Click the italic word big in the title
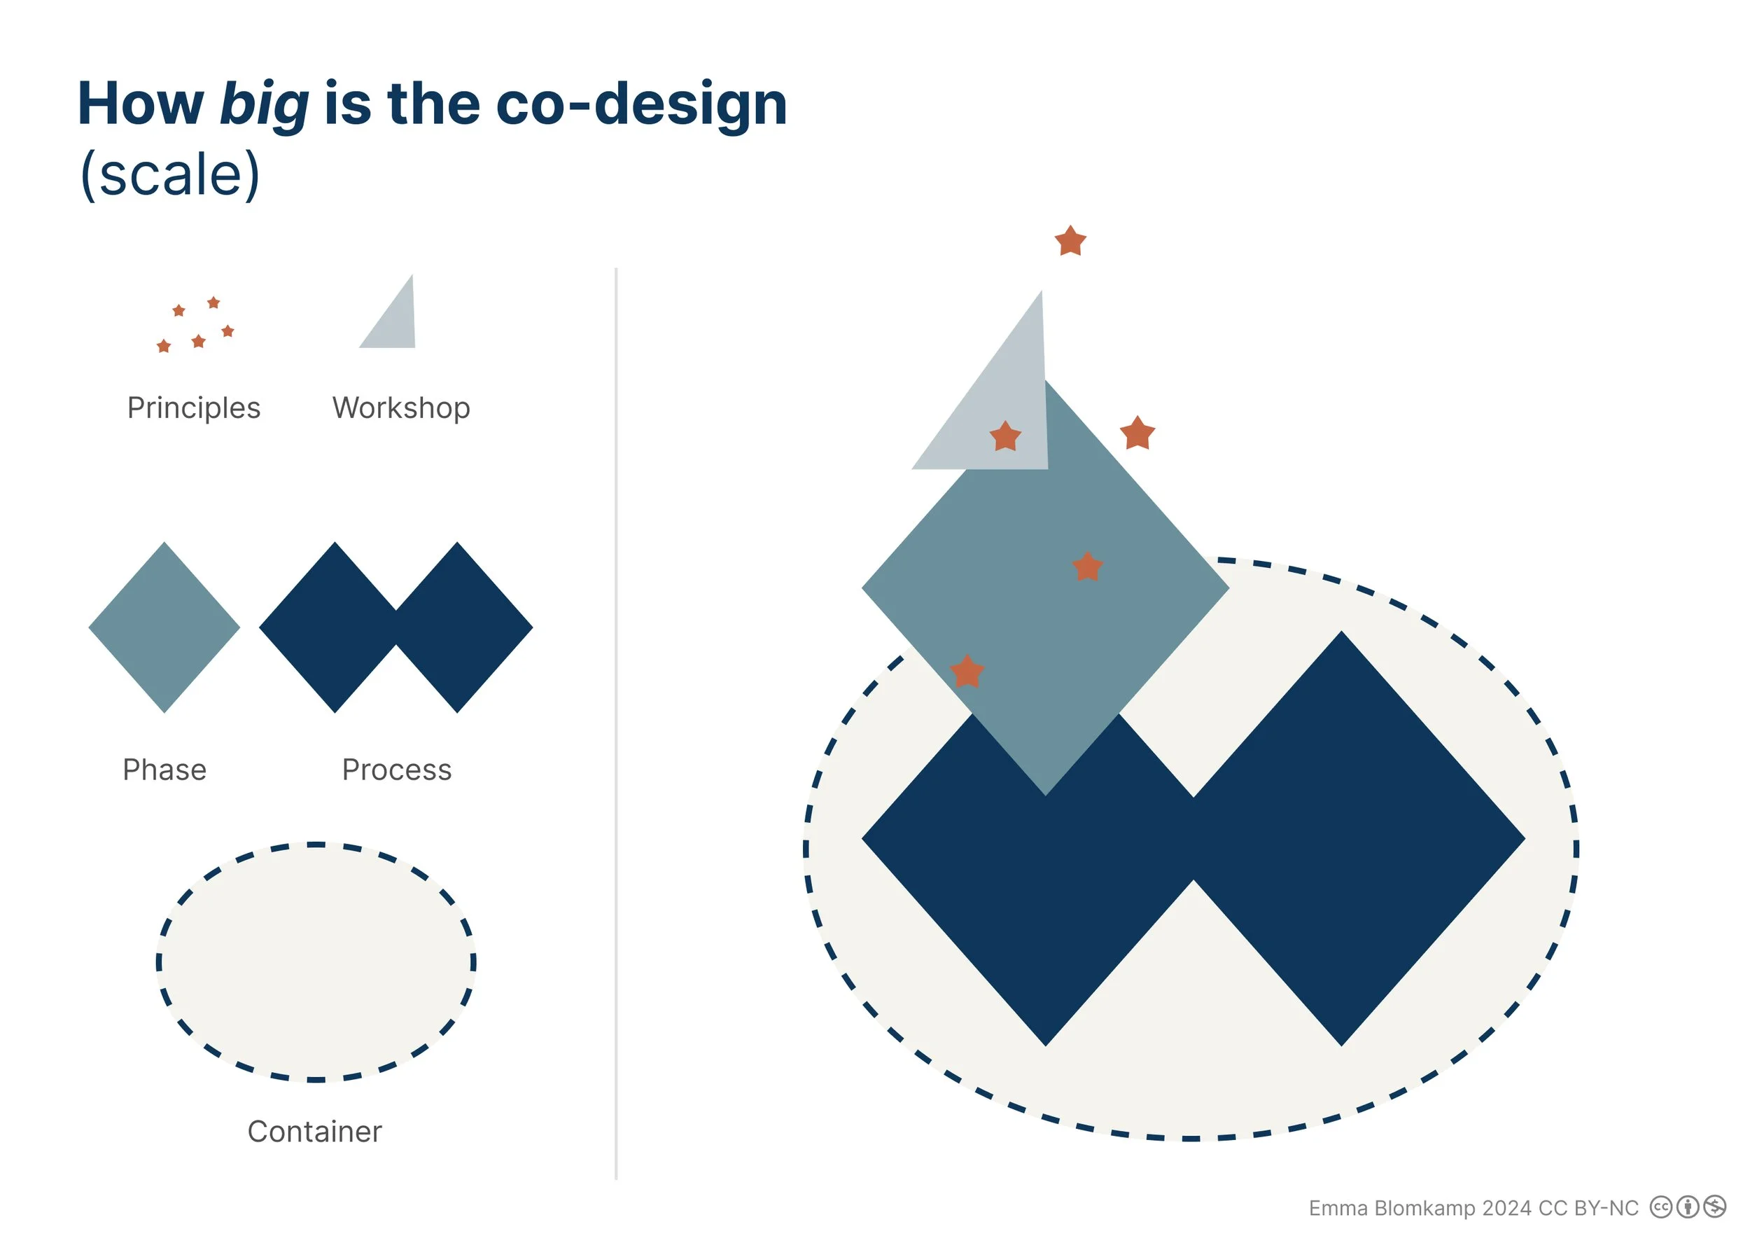tap(264, 104)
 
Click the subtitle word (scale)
tap(170, 174)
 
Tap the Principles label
tap(194, 408)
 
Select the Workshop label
tap(401, 408)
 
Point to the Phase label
tap(164, 770)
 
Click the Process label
tap(396, 770)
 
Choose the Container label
tap(315, 1132)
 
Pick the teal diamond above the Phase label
tap(164, 627)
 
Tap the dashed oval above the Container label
tap(316, 963)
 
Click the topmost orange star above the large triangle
tap(1070, 242)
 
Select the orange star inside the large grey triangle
tap(1005, 437)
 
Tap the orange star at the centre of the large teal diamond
tap(1087, 567)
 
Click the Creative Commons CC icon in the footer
tap(1661, 1207)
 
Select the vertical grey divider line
tap(616, 724)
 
